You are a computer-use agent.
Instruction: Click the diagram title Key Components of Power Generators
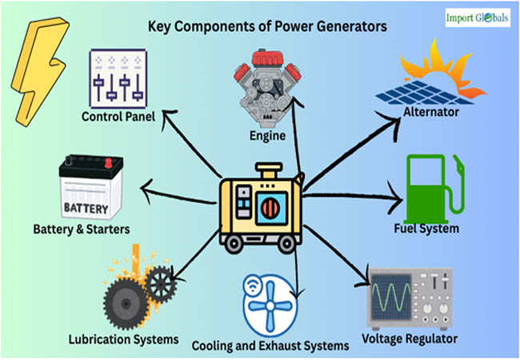pos(267,26)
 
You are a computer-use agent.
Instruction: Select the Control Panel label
pos(118,117)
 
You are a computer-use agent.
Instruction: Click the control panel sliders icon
pos(119,78)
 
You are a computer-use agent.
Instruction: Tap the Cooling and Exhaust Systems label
pos(270,346)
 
